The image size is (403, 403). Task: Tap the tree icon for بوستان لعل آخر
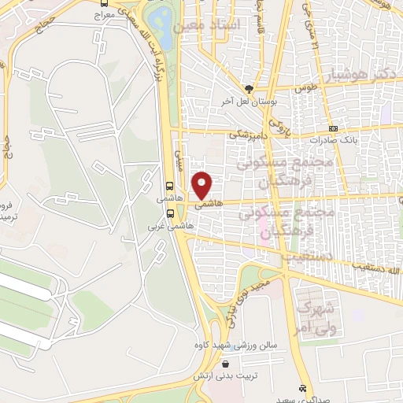coord(249,89)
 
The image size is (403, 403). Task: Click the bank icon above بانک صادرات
coord(333,128)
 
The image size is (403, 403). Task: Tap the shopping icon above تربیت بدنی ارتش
coord(227,364)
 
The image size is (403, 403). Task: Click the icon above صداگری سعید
coord(302,389)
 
